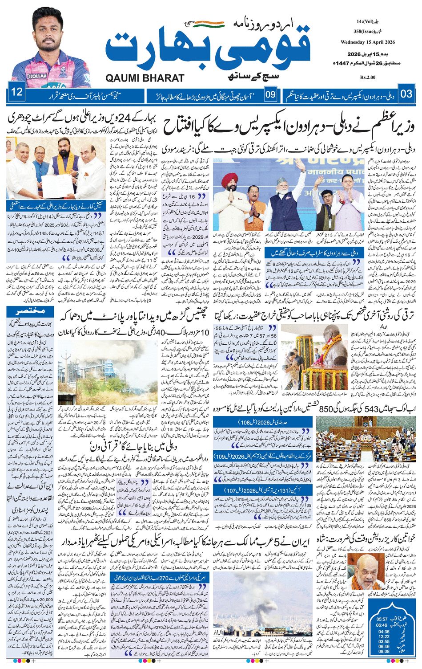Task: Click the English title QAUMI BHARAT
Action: pos(145,78)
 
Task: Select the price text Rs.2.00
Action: pos(368,78)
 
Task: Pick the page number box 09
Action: pos(270,94)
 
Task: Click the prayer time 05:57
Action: pos(382,619)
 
